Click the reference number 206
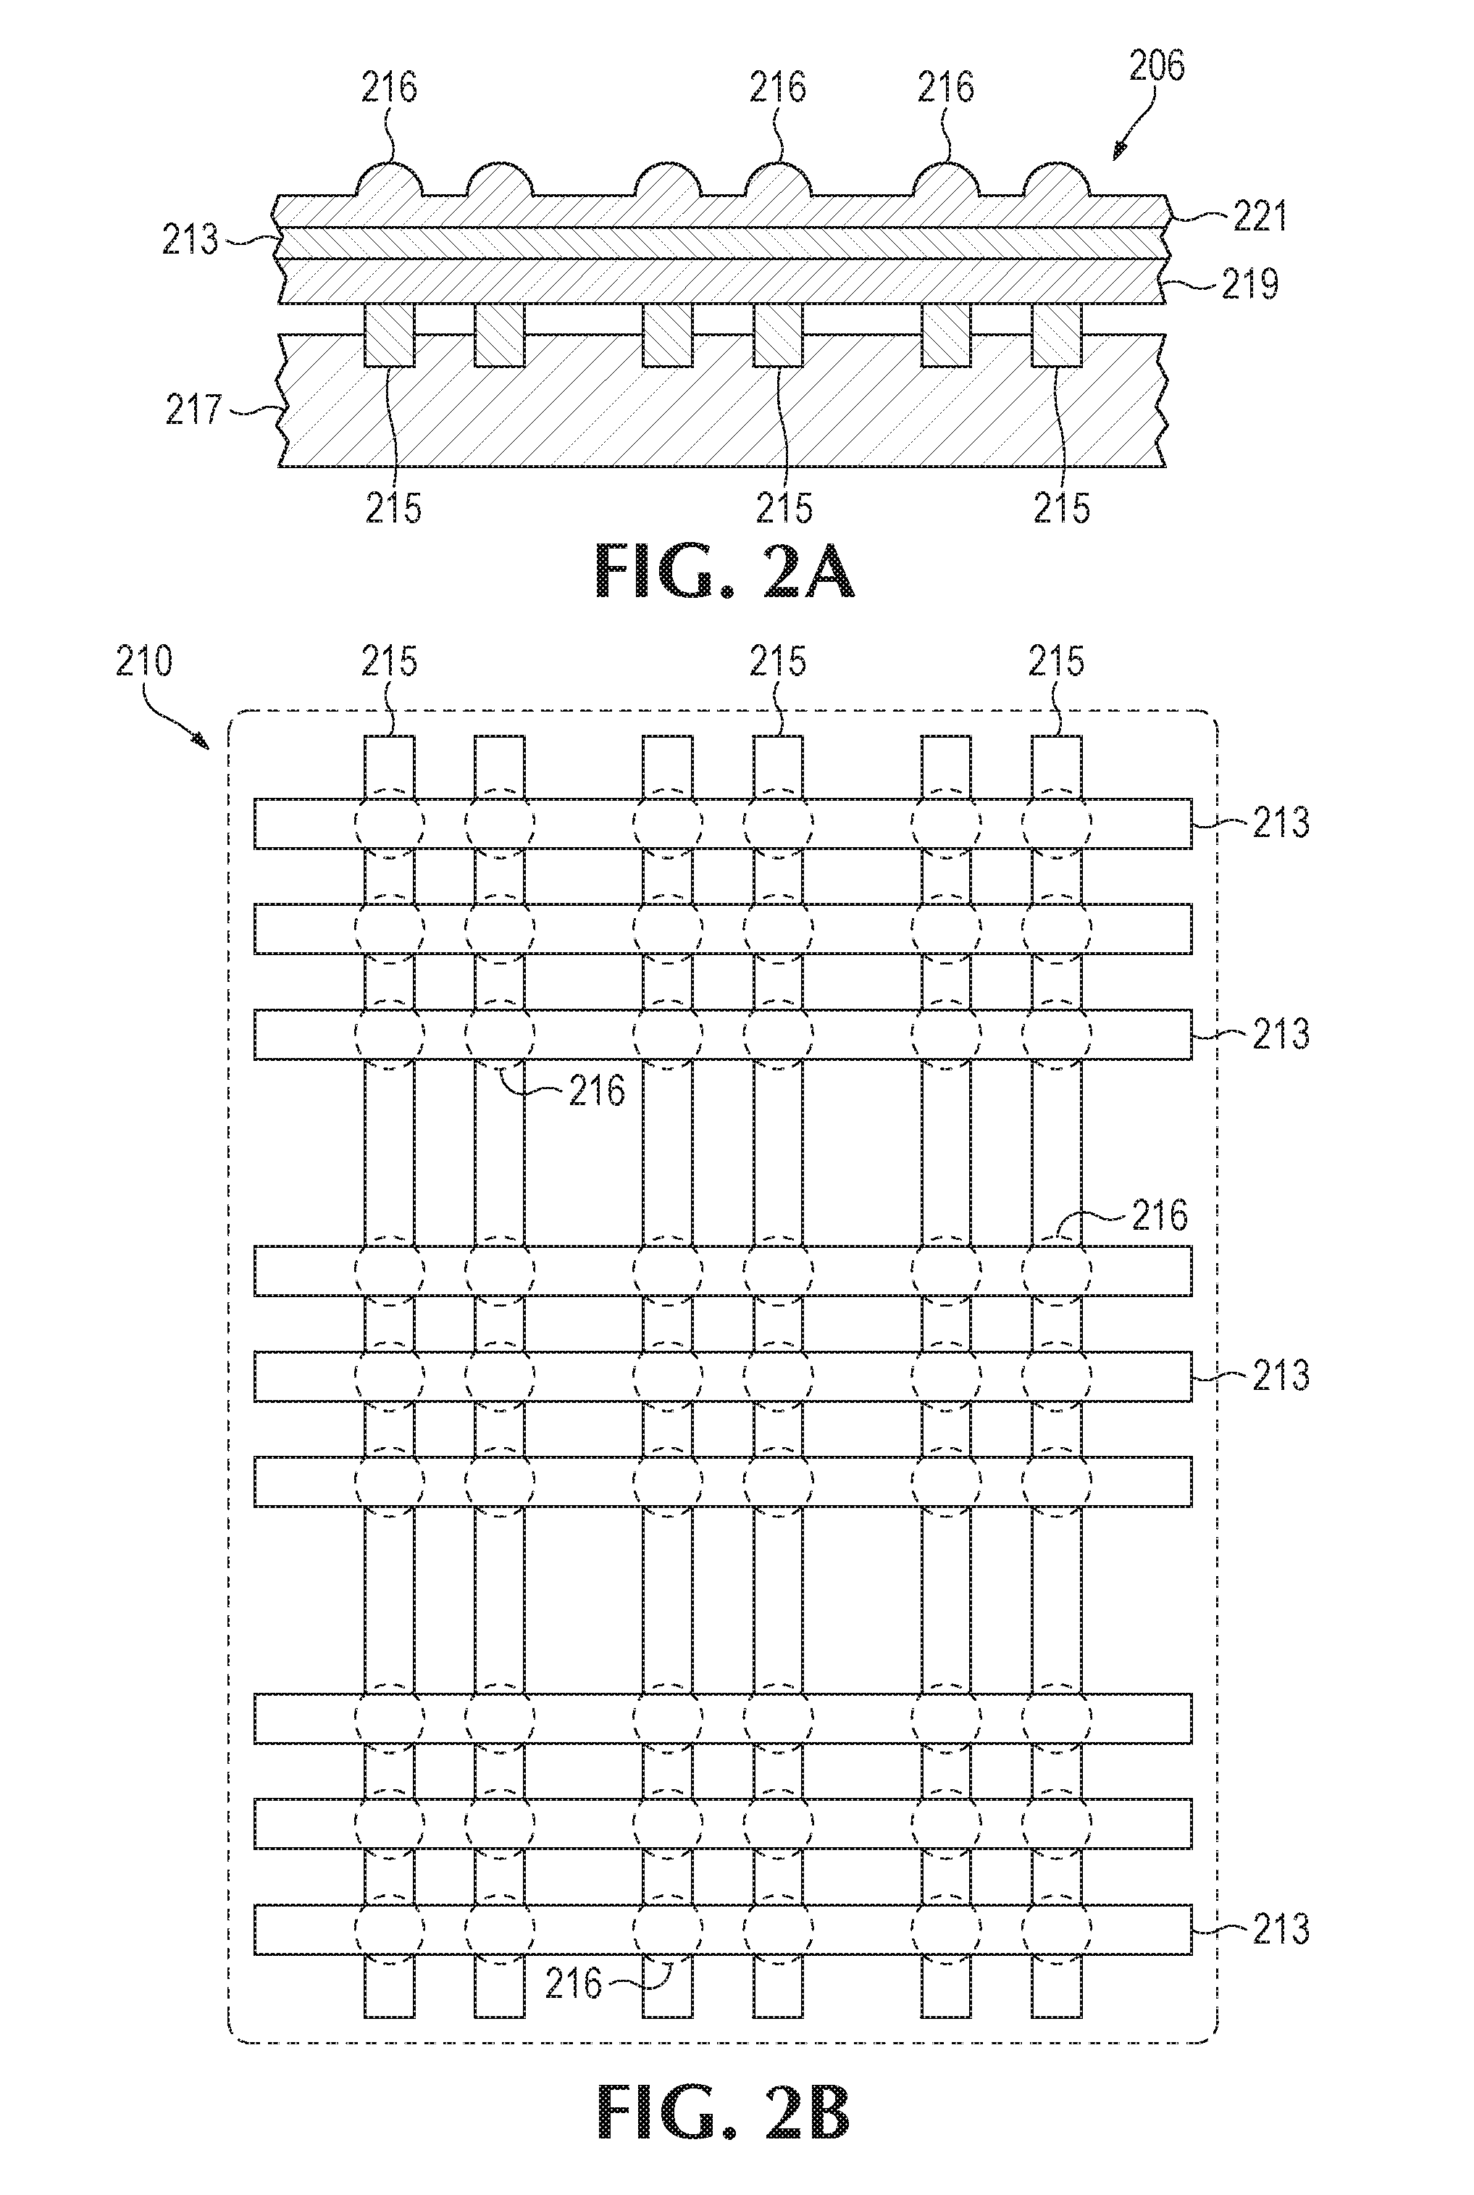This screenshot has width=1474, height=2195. point(1156,66)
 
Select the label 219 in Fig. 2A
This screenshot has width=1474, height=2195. point(1249,282)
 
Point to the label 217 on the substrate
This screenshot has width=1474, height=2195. point(193,409)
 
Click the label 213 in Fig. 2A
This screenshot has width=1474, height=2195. point(190,240)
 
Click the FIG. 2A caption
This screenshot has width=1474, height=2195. point(726,574)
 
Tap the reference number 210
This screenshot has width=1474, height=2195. point(144,662)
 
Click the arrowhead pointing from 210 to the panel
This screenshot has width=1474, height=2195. point(199,741)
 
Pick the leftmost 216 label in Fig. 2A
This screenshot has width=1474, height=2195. point(389,88)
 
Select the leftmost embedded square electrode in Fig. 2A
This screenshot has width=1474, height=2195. point(388,335)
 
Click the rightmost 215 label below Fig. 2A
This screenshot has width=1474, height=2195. point(1061,508)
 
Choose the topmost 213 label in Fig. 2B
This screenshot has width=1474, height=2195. point(1281,823)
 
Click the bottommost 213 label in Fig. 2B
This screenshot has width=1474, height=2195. point(1281,1930)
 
